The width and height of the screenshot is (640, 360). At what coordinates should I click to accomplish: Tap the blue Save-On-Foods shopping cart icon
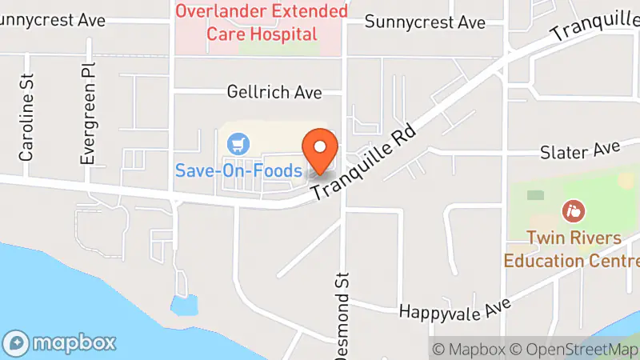[x=238, y=145]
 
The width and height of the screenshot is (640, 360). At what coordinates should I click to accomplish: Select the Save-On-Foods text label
[x=239, y=170]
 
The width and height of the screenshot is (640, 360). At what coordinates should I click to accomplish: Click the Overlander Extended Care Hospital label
[x=262, y=22]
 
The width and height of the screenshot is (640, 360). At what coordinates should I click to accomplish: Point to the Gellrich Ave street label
[x=274, y=93]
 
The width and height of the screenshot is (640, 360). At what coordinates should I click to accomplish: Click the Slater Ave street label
[x=580, y=150]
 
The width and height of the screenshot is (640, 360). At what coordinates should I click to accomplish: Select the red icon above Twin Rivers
[x=574, y=212]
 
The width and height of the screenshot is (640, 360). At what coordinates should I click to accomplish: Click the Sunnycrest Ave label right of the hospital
[x=425, y=22]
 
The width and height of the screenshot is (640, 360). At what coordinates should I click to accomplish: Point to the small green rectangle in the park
[x=534, y=194]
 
